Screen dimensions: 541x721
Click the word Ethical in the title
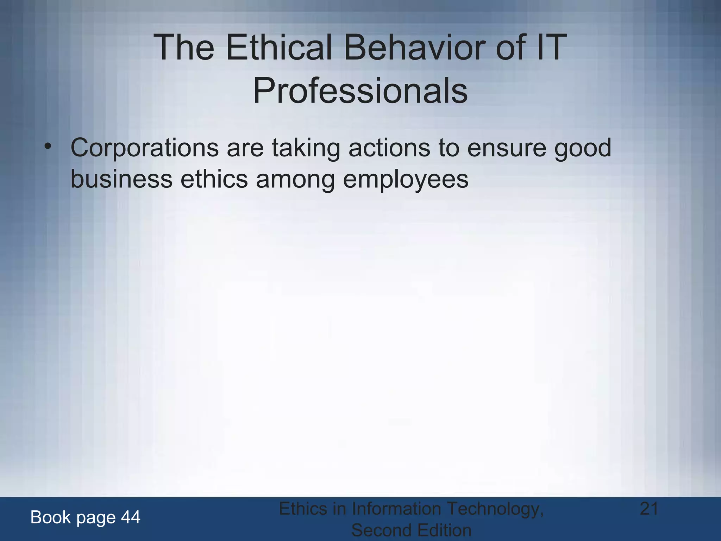(x=280, y=47)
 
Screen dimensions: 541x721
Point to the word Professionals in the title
(x=360, y=91)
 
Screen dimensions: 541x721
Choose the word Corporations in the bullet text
(x=144, y=148)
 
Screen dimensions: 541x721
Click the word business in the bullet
(x=121, y=179)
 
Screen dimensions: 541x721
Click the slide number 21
(x=649, y=509)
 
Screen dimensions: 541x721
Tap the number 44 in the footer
(x=131, y=517)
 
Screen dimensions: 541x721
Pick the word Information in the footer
(x=396, y=509)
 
